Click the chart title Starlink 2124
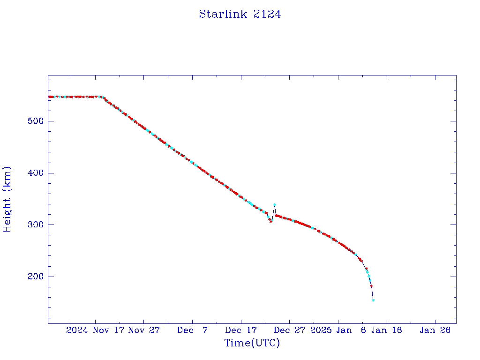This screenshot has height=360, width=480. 240,14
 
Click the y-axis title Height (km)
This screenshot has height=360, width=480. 7,199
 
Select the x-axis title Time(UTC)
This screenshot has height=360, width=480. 252,343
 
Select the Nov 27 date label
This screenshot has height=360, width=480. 144,330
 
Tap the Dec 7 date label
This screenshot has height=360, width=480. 193,330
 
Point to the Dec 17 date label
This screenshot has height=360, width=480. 241,330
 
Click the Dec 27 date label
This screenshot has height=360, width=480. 290,330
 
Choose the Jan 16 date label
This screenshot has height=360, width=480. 387,330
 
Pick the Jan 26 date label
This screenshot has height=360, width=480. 435,330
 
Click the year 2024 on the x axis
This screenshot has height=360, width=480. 77,330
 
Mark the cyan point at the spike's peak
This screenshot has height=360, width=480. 274,205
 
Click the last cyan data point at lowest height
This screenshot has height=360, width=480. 373,300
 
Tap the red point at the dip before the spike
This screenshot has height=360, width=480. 270,221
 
